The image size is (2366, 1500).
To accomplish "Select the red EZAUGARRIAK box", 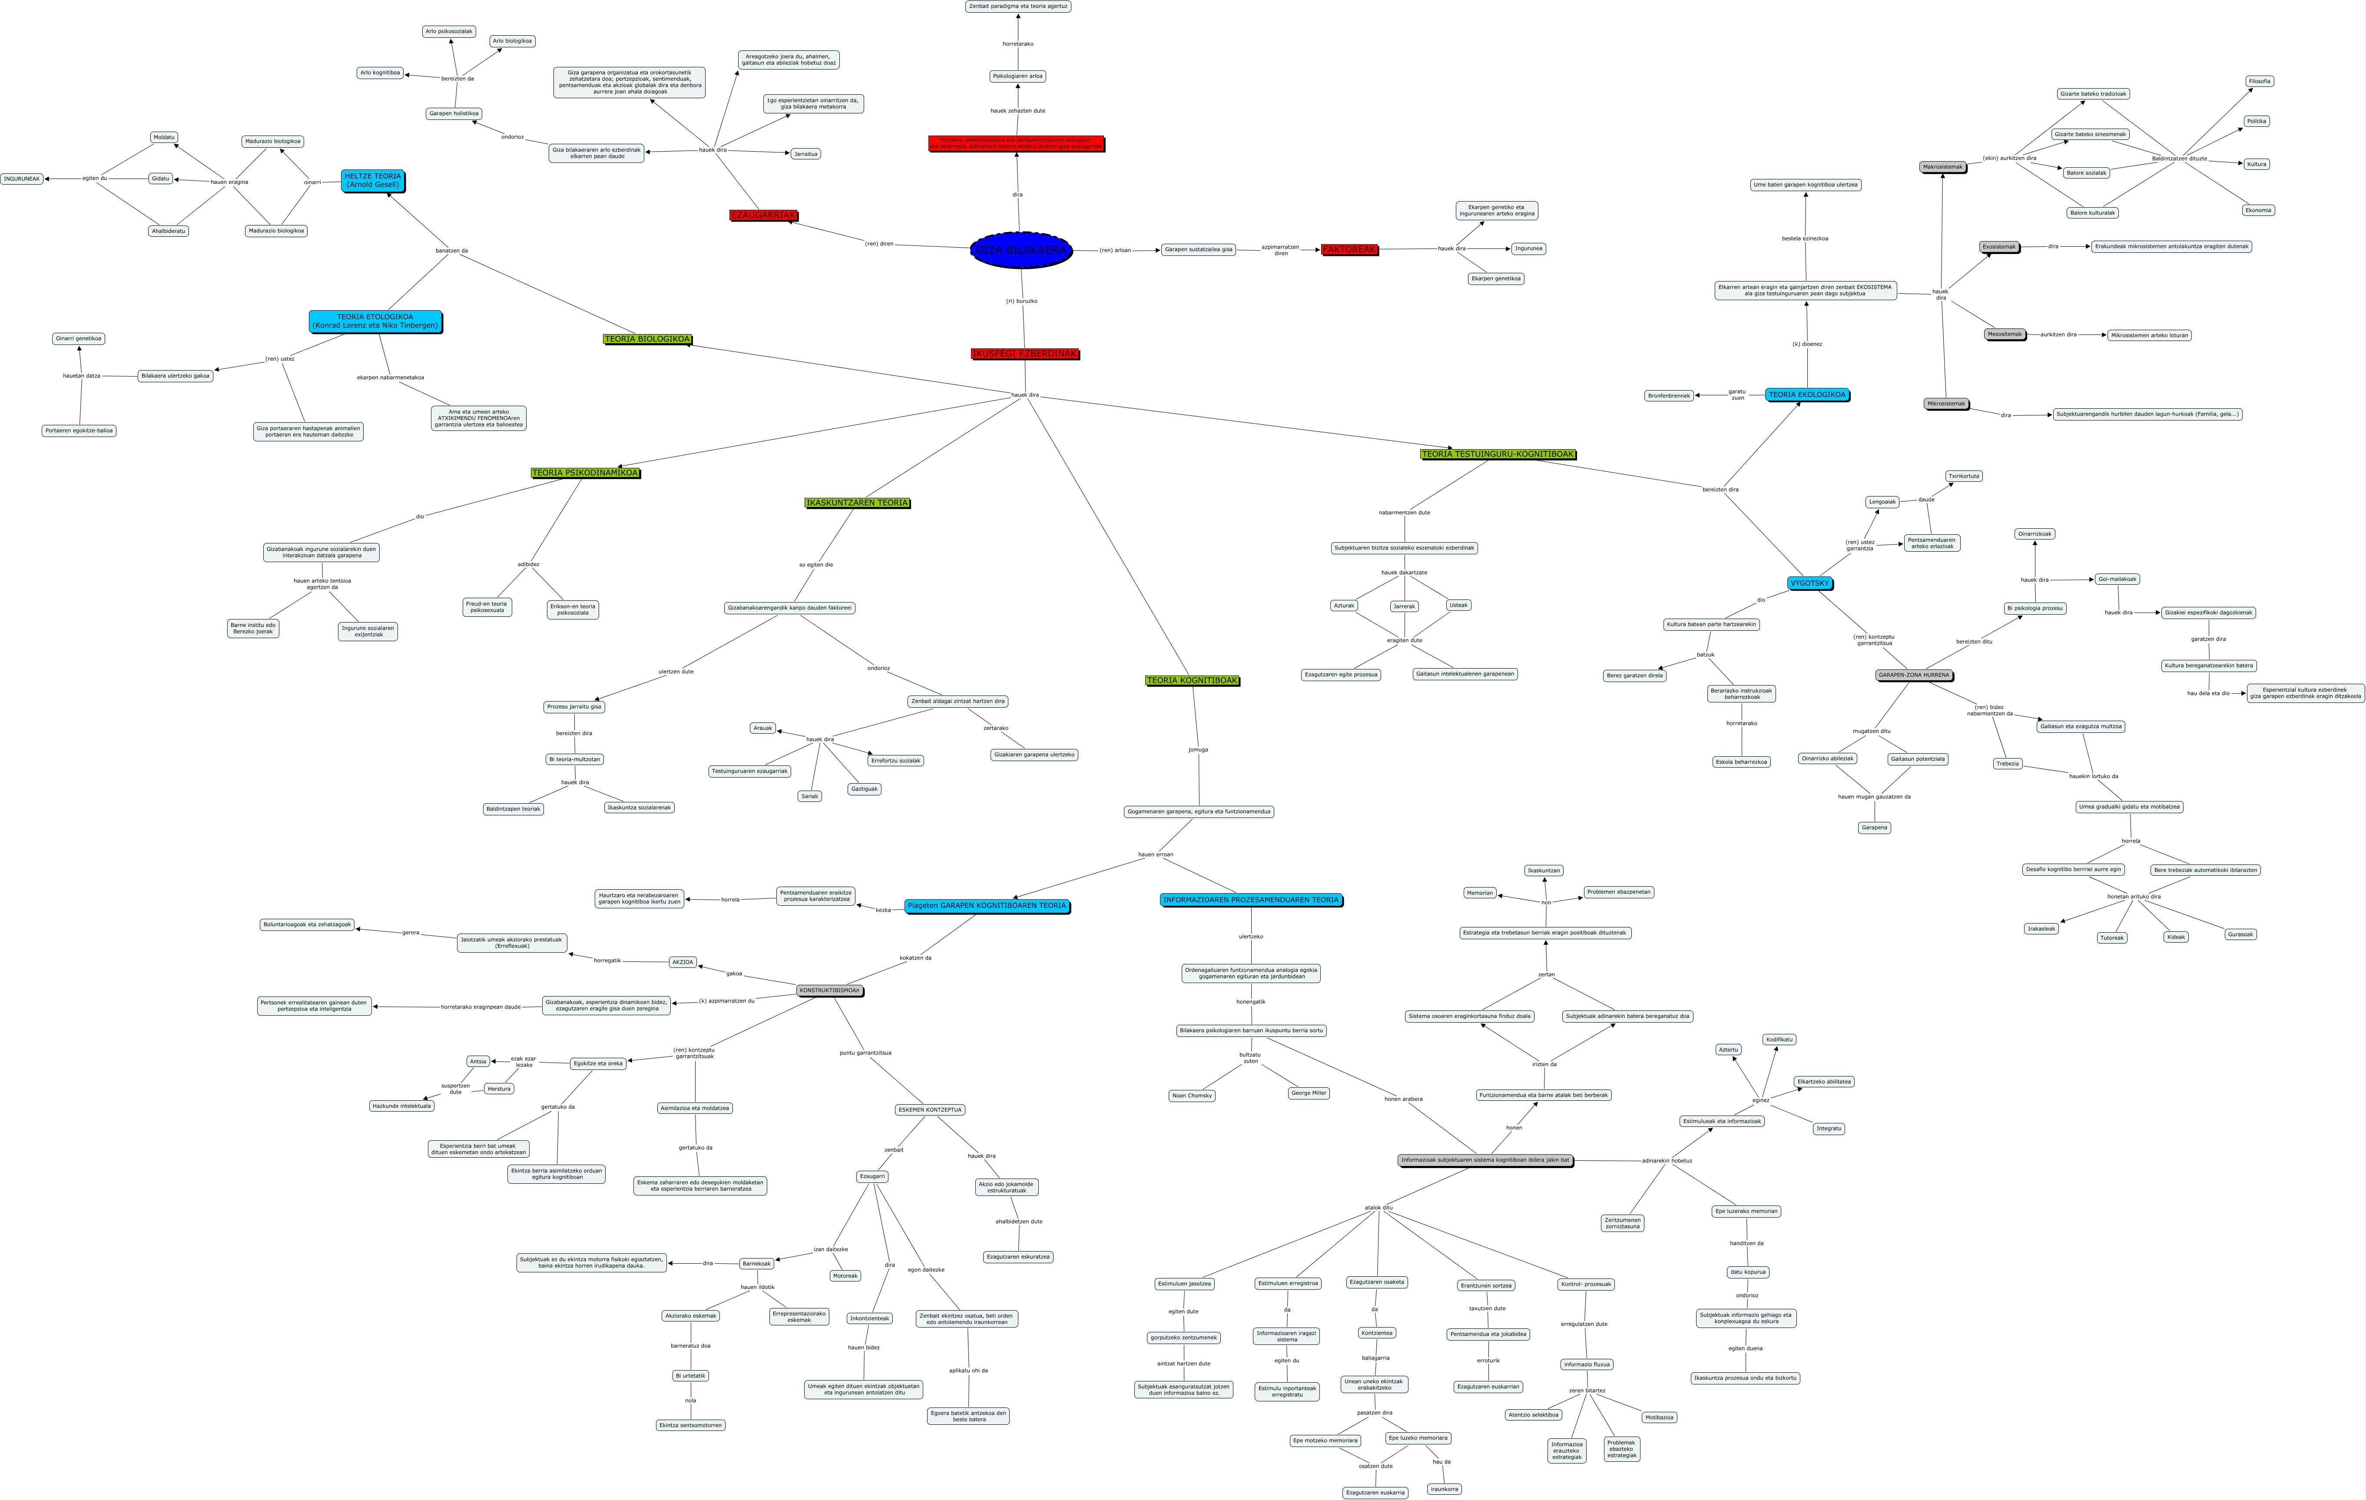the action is click(762, 215).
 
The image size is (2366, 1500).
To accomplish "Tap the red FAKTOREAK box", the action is click(1349, 249).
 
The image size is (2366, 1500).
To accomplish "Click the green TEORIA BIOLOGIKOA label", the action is click(646, 339).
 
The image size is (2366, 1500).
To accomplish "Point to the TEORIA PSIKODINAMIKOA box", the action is click(585, 473).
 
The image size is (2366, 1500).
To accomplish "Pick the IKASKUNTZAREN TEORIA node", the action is click(857, 503).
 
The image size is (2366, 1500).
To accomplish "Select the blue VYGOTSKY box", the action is click(1809, 583).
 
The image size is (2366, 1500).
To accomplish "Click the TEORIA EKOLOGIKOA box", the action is click(1806, 395).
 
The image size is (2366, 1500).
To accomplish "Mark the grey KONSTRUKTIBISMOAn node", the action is click(829, 990).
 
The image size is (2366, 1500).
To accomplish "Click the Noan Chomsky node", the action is click(1192, 1095).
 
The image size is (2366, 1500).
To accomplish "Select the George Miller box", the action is click(1308, 1093).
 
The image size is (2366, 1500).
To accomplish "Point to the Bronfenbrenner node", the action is click(1668, 396).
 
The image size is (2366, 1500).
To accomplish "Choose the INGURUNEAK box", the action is click(22, 179).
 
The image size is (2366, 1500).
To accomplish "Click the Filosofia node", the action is click(2259, 82).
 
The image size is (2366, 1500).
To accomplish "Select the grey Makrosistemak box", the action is click(1942, 167).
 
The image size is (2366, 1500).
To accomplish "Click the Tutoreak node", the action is click(2111, 937).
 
